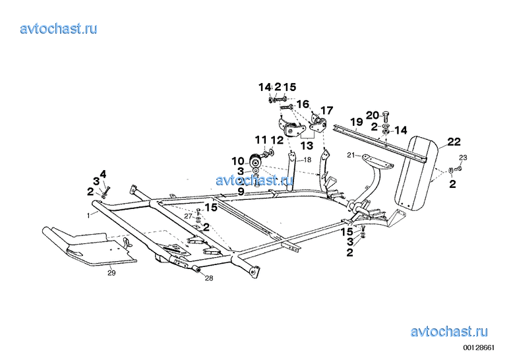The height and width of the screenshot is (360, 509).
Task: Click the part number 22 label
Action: (x=454, y=142)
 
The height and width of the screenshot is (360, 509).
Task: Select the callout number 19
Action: (x=357, y=122)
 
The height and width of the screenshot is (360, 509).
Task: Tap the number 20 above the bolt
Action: (x=373, y=115)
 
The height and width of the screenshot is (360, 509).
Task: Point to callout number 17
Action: (x=327, y=110)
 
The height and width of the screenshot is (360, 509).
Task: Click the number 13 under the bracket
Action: (x=307, y=146)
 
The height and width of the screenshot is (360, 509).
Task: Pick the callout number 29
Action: (x=111, y=273)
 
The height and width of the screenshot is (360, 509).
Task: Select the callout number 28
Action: (x=209, y=278)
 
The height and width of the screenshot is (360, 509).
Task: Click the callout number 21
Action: (x=351, y=156)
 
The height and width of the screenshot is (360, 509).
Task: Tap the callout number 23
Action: (x=463, y=158)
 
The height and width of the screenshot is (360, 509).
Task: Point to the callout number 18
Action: (x=307, y=160)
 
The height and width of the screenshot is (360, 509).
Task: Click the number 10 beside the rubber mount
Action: (x=237, y=161)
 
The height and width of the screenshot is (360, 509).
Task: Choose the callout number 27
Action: (x=189, y=216)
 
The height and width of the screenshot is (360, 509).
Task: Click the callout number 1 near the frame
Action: (x=88, y=215)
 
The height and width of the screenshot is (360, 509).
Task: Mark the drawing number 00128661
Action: (x=479, y=347)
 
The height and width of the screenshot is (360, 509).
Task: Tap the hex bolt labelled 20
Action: (x=386, y=117)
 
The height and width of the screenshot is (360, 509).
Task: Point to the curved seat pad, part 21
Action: (x=378, y=162)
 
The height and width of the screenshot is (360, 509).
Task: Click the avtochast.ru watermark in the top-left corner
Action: (x=59, y=28)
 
